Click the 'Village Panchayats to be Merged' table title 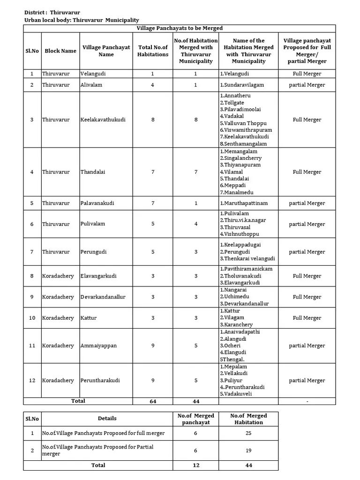pyautogui.click(x=179, y=29)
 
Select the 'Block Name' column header pyautogui.click(x=60, y=51)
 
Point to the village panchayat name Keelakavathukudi pyautogui.click(x=103, y=120)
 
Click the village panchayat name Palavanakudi pyautogui.click(x=97, y=203)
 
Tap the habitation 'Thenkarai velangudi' pyautogui.click(x=247, y=258)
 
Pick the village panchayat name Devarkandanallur pyautogui.click(x=103, y=297)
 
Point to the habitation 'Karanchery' pyautogui.click(x=236, y=324)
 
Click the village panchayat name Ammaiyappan pyautogui.click(x=98, y=345)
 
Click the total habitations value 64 pyautogui.click(x=153, y=401)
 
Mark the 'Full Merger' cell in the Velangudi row pyautogui.click(x=307, y=74)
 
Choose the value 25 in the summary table pyautogui.click(x=248, y=433)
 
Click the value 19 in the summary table pyautogui.click(x=248, y=450)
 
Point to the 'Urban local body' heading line pyautogui.click(x=82, y=20)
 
